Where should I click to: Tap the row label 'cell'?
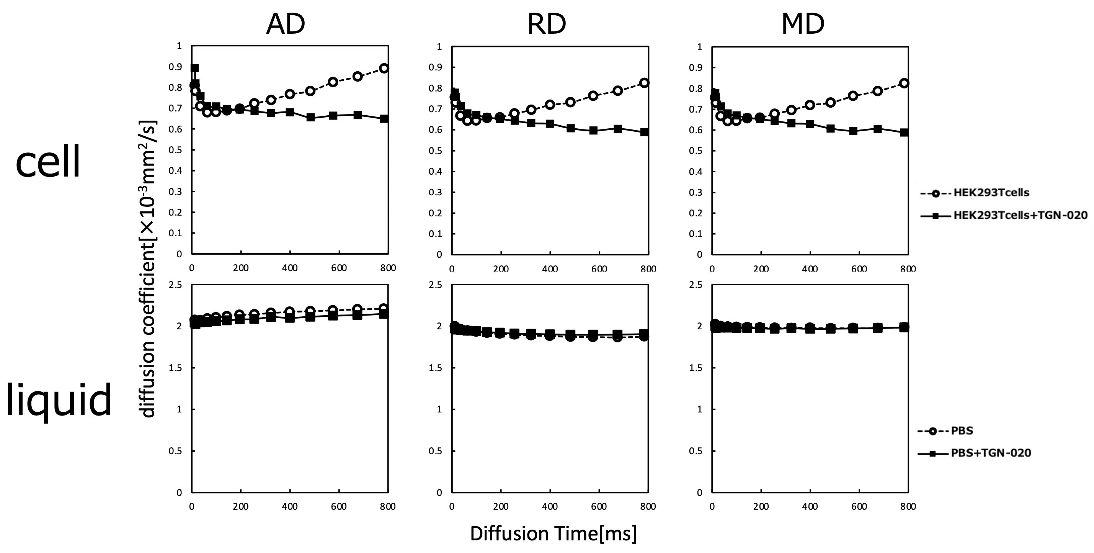click(48, 162)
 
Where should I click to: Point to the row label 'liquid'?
click(59, 400)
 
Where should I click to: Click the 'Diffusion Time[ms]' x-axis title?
click(554, 533)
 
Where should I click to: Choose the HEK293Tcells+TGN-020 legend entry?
click(1020, 215)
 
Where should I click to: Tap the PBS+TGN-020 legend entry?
click(990, 453)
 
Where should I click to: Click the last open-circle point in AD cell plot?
click(384, 69)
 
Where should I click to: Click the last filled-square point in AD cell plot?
click(384, 118)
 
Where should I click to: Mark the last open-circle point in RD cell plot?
click(644, 83)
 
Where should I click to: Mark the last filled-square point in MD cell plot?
click(904, 132)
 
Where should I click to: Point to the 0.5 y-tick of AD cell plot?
click(175, 150)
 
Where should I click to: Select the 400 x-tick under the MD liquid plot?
click(810, 506)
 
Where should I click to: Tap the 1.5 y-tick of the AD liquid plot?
click(175, 368)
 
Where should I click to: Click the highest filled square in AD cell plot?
click(194, 68)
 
